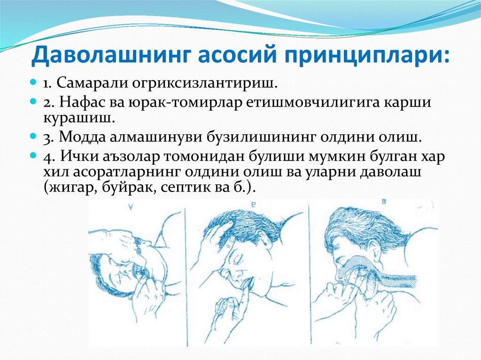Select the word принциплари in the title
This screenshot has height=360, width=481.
(362, 56)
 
